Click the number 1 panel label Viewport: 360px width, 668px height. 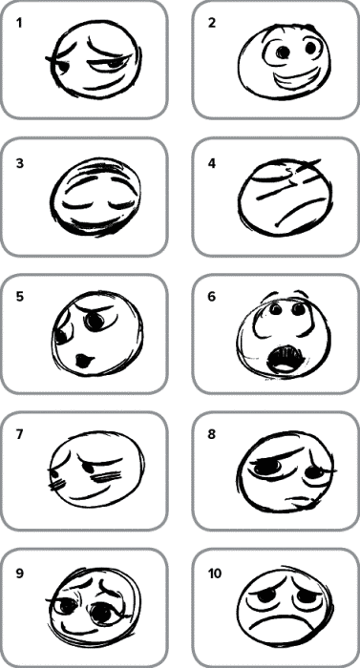[19, 23]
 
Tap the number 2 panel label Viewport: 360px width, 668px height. [212, 23]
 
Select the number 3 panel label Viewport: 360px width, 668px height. [20, 163]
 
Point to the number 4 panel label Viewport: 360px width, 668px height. [212, 163]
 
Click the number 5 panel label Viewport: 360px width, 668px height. [20, 297]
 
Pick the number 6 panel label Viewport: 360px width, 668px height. [212, 297]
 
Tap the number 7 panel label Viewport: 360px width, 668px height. [20, 434]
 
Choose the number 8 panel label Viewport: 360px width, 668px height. [212, 434]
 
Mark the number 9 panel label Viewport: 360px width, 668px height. [20, 574]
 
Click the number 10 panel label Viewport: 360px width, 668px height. [215, 574]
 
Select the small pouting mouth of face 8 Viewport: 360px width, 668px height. [299, 500]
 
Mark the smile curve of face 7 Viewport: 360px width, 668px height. [95, 494]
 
